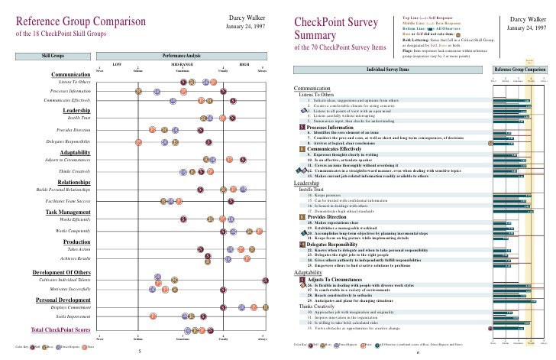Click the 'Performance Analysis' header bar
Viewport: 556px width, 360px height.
point(182,56)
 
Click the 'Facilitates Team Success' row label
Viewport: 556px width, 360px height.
point(62,200)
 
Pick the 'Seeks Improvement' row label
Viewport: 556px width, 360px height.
point(71,338)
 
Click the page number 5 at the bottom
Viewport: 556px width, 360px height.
point(138,352)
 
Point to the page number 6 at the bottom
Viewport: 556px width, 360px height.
point(418,354)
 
